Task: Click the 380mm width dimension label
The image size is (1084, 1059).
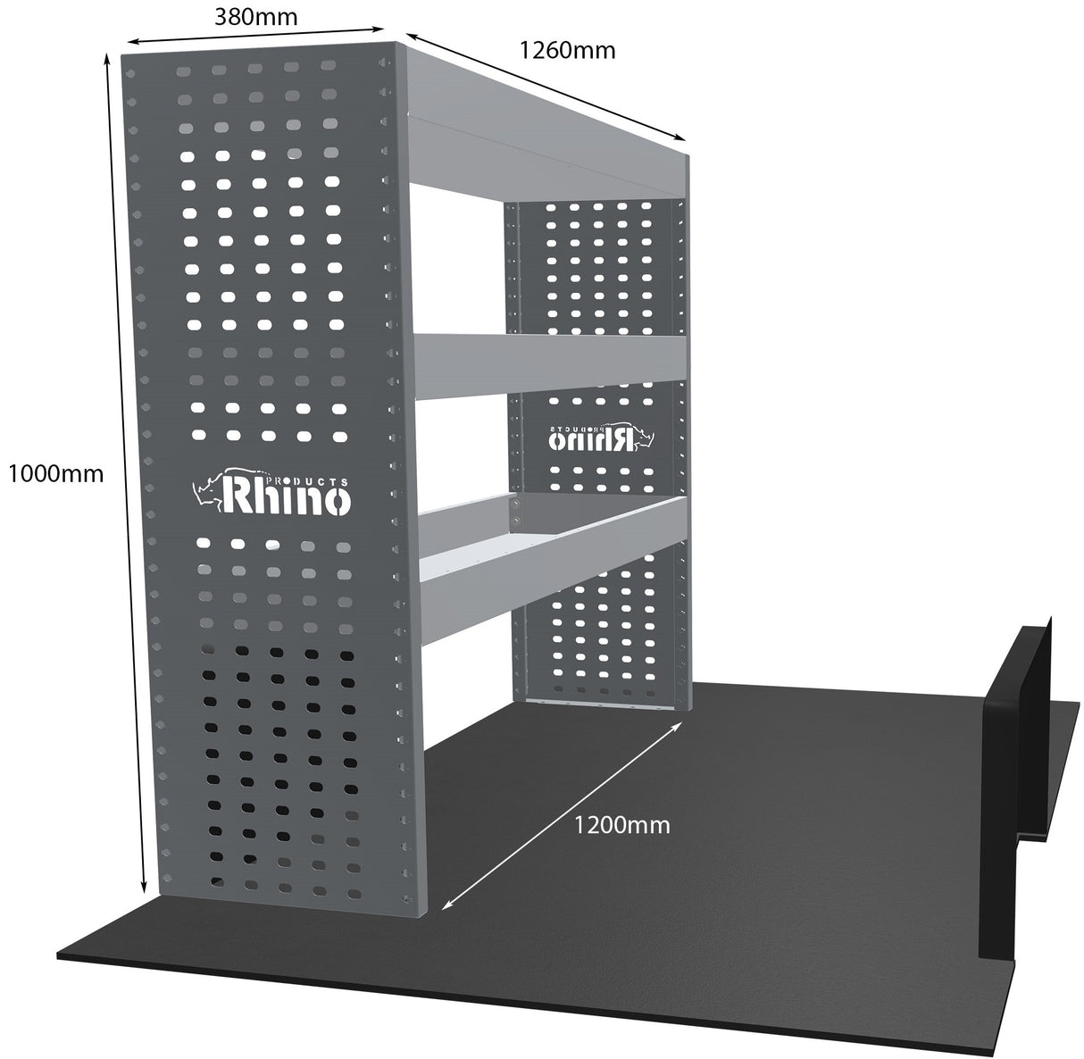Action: (x=255, y=15)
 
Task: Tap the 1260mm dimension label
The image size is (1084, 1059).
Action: (x=568, y=50)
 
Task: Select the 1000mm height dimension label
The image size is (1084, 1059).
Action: (x=55, y=472)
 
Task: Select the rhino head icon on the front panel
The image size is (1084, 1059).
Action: (x=211, y=492)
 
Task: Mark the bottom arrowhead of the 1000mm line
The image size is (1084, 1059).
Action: (x=145, y=891)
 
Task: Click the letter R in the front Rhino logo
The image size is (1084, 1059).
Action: (x=239, y=496)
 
